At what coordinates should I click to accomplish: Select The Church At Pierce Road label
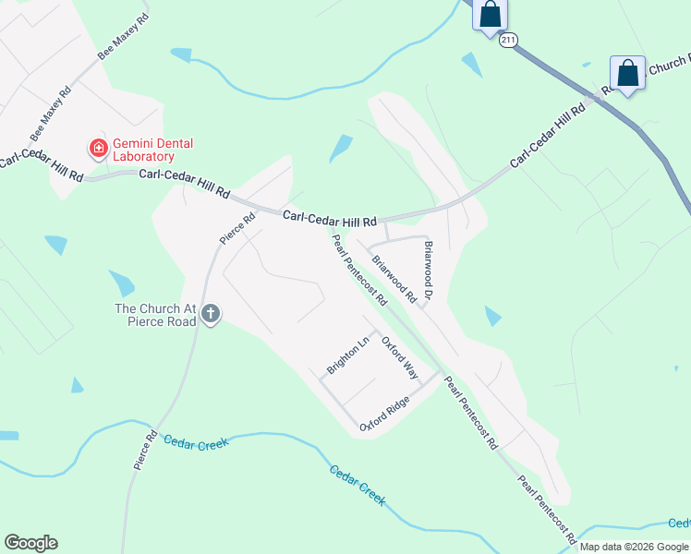[x=155, y=315]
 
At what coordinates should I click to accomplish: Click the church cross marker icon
[x=211, y=315]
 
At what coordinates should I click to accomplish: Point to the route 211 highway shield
[x=508, y=41]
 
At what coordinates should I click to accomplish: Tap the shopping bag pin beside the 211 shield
[x=490, y=15]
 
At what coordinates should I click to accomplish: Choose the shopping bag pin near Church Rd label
[x=628, y=74]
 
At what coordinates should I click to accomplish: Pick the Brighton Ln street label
[x=347, y=355]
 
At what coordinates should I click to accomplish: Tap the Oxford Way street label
[x=401, y=357]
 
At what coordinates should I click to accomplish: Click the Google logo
[x=30, y=543]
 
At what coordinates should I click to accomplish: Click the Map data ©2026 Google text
[x=635, y=547]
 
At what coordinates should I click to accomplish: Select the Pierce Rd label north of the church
[x=236, y=229]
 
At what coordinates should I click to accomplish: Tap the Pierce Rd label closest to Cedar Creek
[x=143, y=450]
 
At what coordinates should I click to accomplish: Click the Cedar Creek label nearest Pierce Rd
[x=196, y=441]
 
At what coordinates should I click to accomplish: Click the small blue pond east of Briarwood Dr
[x=493, y=317]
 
